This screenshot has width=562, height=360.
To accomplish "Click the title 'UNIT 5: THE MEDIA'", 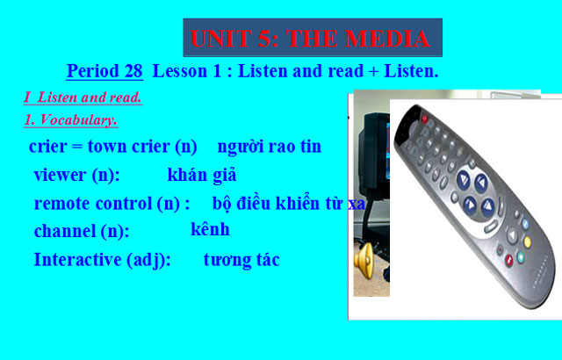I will pyautogui.click(x=312, y=38).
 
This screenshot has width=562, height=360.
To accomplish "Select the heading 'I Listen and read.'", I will pyautogui.click(x=83, y=97).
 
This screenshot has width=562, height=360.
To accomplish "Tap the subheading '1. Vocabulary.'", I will pyautogui.click(x=70, y=119).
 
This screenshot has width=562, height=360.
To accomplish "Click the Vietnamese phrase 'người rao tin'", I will pyautogui.click(x=269, y=147).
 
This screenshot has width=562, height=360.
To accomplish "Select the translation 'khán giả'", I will pyautogui.click(x=201, y=174).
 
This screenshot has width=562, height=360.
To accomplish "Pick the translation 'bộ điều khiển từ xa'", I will pyautogui.click(x=288, y=204).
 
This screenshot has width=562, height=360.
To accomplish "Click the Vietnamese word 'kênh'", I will pyautogui.click(x=210, y=230).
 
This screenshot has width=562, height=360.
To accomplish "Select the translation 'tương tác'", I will pyautogui.click(x=241, y=260).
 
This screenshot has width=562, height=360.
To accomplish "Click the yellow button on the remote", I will pyautogui.click(x=527, y=223).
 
